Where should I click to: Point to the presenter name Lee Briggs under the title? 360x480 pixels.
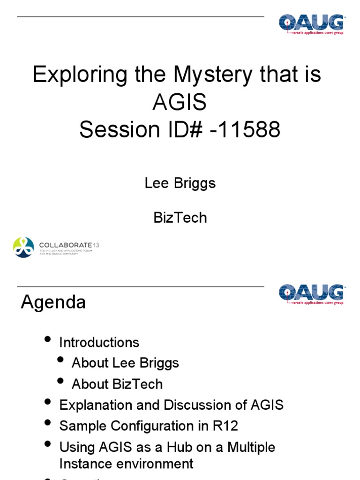[x=180, y=183]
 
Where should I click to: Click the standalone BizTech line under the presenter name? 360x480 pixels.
[x=180, y=217]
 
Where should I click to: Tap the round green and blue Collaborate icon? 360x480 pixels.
[x=23, y=247]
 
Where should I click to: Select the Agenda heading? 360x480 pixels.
[x=53, y=302]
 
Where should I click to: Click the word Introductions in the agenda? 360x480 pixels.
[x=99, y=343]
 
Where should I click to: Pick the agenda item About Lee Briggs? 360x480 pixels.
[x=125, y=363]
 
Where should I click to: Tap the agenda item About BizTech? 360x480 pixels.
[x=117, y=384]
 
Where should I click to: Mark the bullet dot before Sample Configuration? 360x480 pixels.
[x=47, y=423]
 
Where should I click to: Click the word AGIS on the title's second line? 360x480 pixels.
[x=180, y=102]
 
